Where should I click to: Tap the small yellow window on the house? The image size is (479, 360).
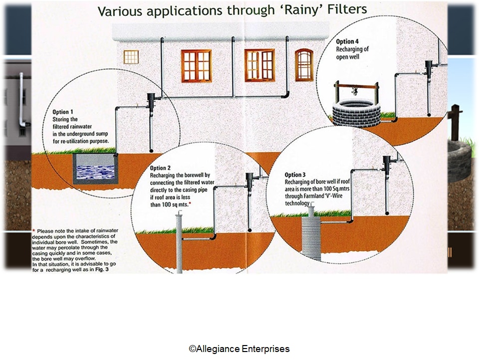(131, 57)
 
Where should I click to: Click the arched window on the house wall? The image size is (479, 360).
(304, 65)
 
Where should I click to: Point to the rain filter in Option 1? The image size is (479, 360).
(151, 102)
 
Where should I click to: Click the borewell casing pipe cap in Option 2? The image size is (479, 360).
(179, 214)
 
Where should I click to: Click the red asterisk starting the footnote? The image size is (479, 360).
(33, 230)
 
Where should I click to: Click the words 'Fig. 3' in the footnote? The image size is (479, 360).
(101, 269)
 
